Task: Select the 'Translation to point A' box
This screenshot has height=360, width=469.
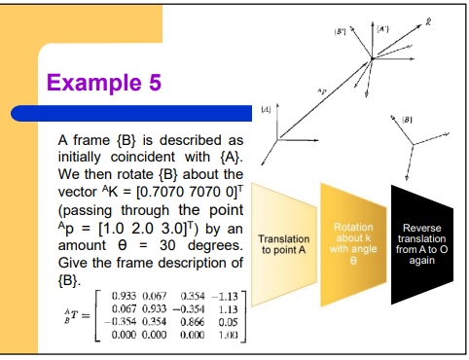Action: point(283,243)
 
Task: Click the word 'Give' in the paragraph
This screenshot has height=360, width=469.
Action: point(75,264)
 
